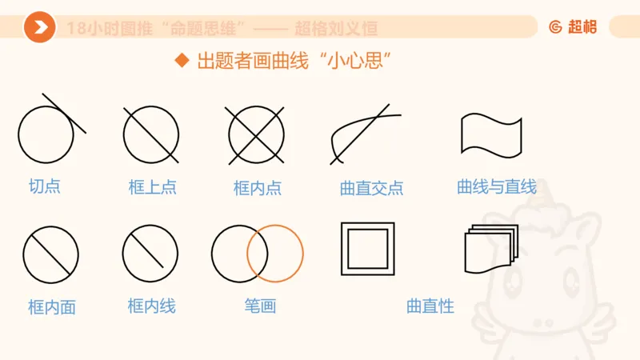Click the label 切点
45,186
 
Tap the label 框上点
152,187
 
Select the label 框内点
258,188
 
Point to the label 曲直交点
372,188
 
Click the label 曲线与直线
496,187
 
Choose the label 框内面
52,307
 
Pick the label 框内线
152,306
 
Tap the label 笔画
260,306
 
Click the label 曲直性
430,306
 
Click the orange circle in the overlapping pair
275,254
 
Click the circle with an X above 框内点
257,134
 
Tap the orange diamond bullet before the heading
182,61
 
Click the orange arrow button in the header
39,27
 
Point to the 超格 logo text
582,26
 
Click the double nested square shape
368,249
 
